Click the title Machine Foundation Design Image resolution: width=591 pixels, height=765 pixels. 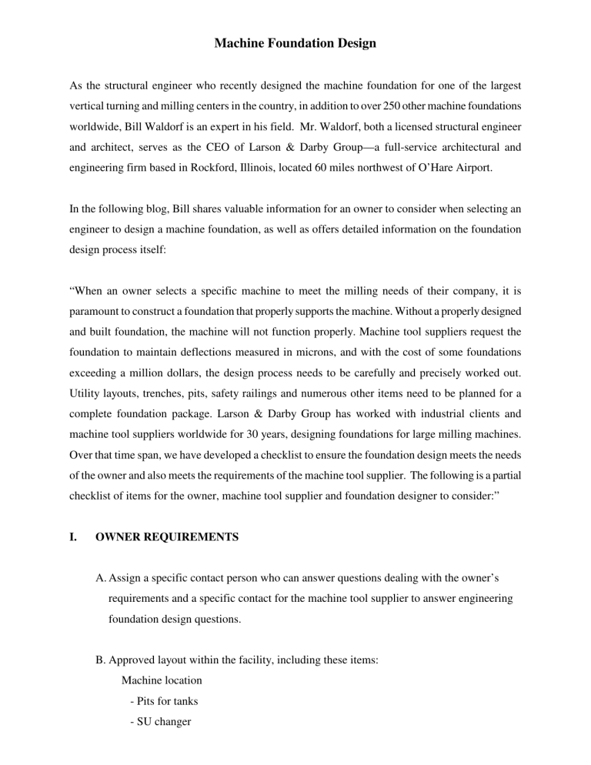[x=295, y=44]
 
